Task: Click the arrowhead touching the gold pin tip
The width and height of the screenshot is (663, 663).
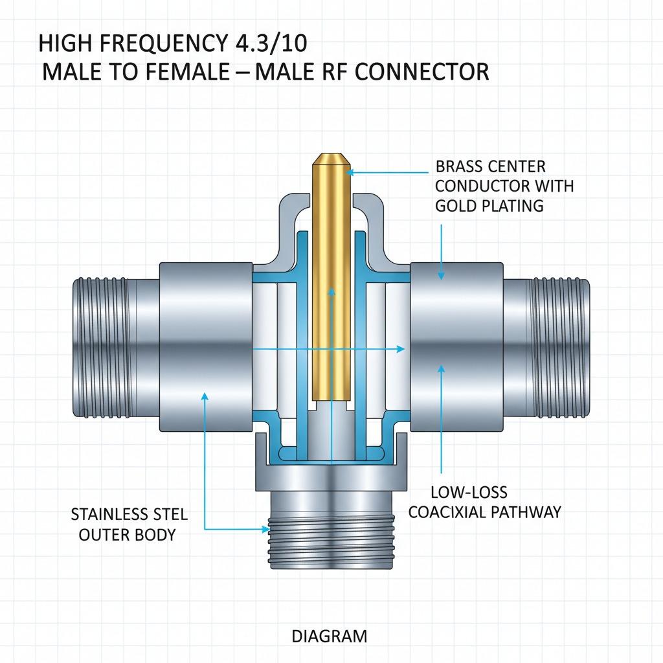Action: coord(348,172)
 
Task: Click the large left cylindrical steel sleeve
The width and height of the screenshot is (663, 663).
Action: coord(205,346)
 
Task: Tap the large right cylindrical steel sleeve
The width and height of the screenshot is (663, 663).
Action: coord(456,346)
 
